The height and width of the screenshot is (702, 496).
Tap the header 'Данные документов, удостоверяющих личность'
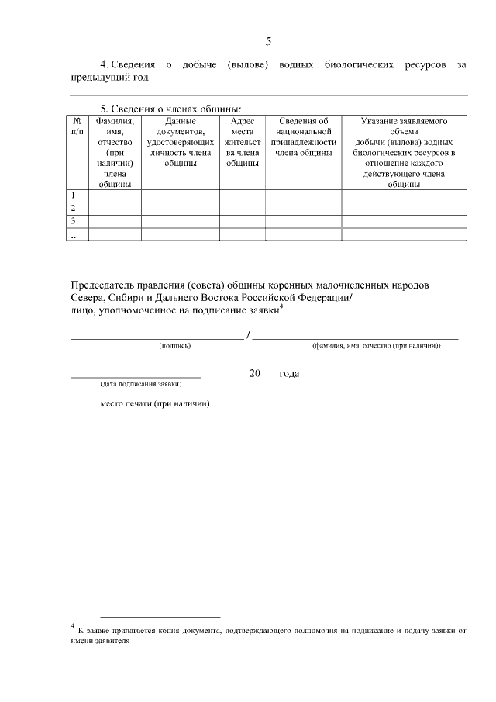tap(180, 137)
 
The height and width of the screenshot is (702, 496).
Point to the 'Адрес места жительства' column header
tap(243, 142)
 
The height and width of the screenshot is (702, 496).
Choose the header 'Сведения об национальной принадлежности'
tap(303, 137)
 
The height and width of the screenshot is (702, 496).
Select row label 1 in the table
tap(74, 195)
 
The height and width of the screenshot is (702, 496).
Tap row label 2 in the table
tap(74, 209)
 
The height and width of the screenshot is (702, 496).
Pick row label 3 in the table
tap(74, 221)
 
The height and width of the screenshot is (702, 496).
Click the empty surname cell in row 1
tap(115, 195)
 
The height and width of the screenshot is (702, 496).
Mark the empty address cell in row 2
tap(243, 209)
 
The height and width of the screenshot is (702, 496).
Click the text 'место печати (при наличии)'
tap(156, 403)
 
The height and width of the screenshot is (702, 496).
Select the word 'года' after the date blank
tap(288, 373)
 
